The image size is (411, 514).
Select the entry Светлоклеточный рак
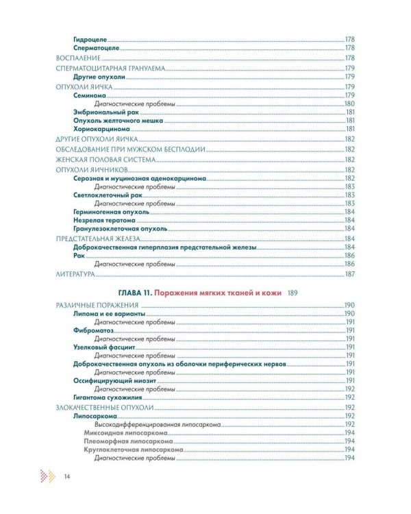tap(104, 195)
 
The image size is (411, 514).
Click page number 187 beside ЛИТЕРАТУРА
tap(349, 274)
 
